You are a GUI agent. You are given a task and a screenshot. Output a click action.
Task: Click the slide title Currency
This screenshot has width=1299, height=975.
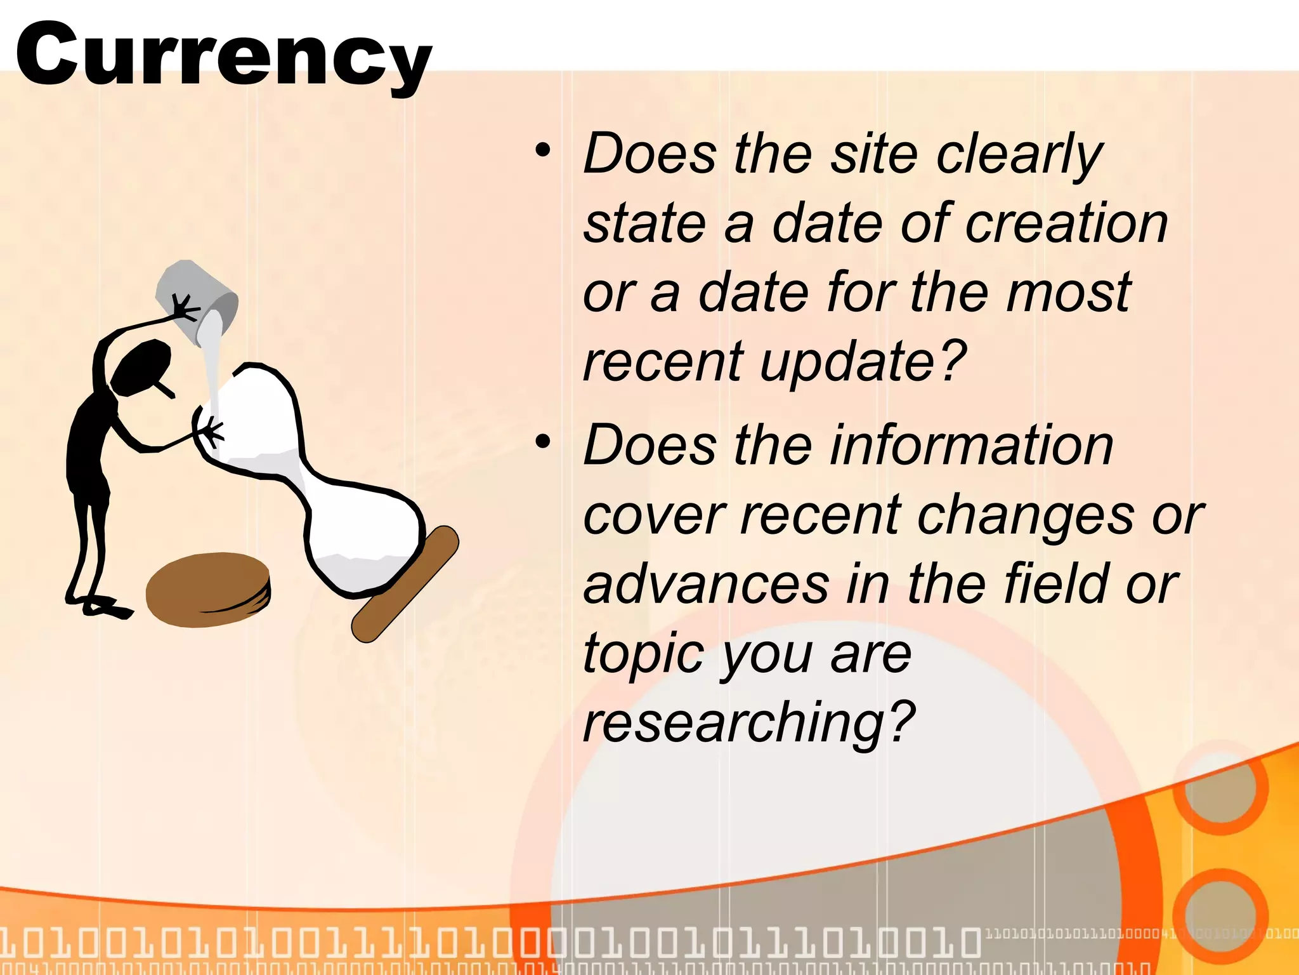pyautogui.click(x=223, y=56)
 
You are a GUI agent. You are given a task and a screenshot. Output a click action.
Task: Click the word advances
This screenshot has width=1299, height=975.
pyautogui.click(x=706, y=584)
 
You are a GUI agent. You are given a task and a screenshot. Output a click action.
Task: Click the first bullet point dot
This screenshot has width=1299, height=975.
pyautogui.click(x=542, y=151)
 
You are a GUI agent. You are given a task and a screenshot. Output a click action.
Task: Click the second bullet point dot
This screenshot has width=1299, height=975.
pyautogui.click(x=542, y=442)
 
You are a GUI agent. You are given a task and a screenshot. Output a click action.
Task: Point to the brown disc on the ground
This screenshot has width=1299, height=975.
pyautogui.click(x=208, y=589)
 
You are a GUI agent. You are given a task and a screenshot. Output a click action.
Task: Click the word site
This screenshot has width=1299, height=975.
pyautogui.click(x=874, y=154)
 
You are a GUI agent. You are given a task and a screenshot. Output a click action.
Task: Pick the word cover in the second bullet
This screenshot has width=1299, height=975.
pyautogui.click(x=653, y=515)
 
